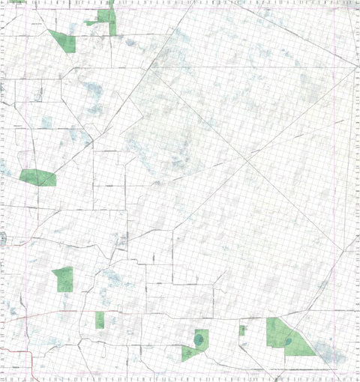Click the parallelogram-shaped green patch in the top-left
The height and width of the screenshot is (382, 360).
61,40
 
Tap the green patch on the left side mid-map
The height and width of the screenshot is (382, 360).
37,178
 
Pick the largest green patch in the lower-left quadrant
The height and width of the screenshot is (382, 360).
64,279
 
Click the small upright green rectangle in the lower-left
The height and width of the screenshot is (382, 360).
100,320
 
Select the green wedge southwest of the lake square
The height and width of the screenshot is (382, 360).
188,353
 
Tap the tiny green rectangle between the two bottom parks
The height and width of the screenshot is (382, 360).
242,330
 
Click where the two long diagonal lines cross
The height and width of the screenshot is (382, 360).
247,159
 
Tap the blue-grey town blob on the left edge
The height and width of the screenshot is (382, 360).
2,238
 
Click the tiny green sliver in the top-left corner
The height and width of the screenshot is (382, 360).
16,1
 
